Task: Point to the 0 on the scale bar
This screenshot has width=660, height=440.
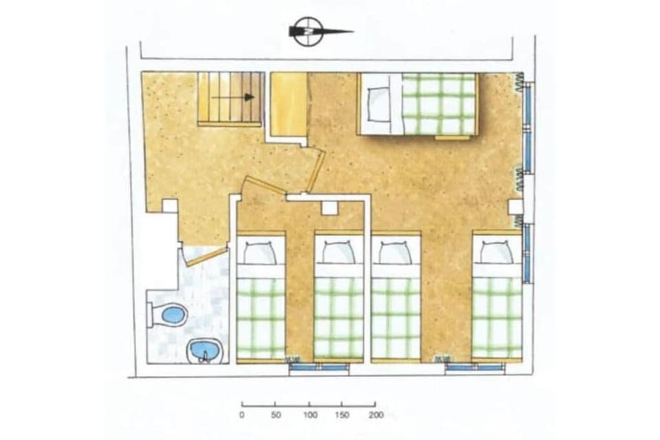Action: tap(241, 415)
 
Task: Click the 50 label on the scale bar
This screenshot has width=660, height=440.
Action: tap(275, 415)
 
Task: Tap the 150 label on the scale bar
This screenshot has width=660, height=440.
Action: tap(342, 415)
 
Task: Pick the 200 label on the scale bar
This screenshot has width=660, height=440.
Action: tap(375, 415)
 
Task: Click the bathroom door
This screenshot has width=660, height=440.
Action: tap(205, 256)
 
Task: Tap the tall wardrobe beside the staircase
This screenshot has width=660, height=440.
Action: tap(288, 104)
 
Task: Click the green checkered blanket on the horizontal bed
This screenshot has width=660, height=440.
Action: tap(439, 104)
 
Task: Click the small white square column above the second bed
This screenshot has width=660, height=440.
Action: tap(329, 208)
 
